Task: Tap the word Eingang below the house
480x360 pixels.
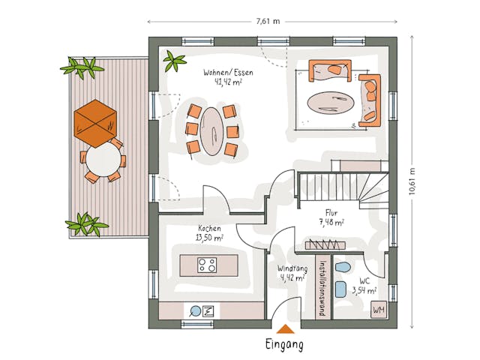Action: pyautogui.click(x=284, y=345)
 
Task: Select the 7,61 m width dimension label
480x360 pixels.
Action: pyautogui.click(x=268, y=21)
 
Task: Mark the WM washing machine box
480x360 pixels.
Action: pyautogui.click(x=379, y=309)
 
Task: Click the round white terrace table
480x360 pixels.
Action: pyautogui.click(x=103, y=159)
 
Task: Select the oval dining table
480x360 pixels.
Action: pyautogui.click(x=214, y=132)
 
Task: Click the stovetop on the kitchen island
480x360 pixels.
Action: pyautogui.click(x=208, y=265)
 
